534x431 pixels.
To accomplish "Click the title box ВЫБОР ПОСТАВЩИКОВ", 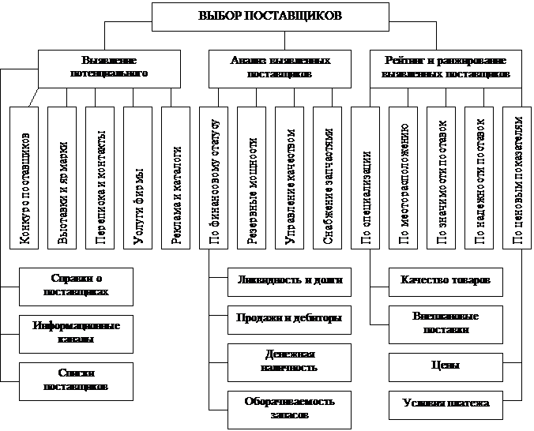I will point(269,16).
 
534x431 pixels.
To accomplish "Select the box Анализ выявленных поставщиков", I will point(269,67).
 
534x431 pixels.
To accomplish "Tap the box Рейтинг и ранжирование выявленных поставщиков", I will point(446,67).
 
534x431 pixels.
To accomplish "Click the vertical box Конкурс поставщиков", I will point(26,179).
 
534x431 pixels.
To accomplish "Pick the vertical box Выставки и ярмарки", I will point(64,179).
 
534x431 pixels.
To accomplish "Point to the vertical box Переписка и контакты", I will point(102,179).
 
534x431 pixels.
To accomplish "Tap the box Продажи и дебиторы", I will point(289,318).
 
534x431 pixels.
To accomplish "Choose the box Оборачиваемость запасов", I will point(289,407).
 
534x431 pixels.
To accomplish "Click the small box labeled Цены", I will point(446,366).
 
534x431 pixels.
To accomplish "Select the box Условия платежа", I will point(446,403).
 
